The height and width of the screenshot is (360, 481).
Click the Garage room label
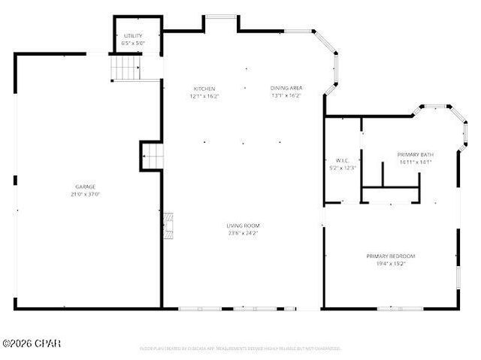click(85, 186)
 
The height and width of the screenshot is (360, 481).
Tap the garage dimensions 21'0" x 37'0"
click(85, 194)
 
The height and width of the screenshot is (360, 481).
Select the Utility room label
click(133, 36)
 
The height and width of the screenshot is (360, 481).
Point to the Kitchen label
click(204, 89)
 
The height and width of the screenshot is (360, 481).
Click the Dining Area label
click(286, 89)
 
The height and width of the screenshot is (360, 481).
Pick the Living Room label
click(243, 225)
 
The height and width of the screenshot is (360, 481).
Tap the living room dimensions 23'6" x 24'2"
click(243, 233)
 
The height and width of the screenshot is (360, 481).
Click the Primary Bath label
click(416, 154)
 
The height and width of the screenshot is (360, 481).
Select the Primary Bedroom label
click(391, 256)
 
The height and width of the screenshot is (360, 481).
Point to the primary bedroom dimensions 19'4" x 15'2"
click(391, 264)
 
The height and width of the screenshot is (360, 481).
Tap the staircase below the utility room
click(126, 68)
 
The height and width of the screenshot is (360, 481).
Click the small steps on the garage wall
click(153, 156)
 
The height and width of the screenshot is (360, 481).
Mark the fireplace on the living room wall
click(171, 225)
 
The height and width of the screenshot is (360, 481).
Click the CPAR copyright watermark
click(32, 343)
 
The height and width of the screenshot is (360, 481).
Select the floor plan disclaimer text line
click(240, 349)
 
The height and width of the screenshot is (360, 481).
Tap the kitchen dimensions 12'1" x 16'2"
click(204, 96)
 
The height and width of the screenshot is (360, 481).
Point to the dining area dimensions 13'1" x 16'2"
click(286, 96)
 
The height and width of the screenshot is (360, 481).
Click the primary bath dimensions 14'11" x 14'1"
click(416, 162)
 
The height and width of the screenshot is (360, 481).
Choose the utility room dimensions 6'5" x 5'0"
click(133, 44)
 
